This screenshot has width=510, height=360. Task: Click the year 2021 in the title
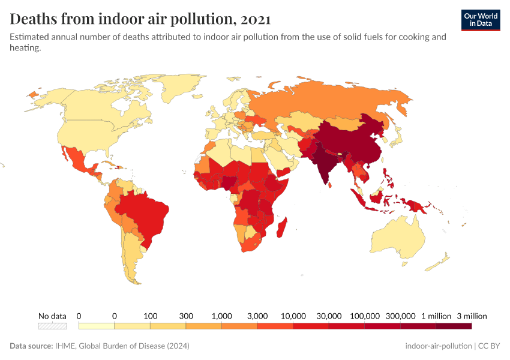click(x=253, y=19)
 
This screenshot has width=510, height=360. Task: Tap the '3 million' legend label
click(x=471, y=316)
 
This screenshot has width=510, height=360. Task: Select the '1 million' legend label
click(x=436, y=316)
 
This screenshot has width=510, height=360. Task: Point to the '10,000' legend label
click(x=293, y=316)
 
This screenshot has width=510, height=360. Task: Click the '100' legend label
click(x=150, y=316)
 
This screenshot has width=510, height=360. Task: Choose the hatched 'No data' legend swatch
click(x=52, y=326)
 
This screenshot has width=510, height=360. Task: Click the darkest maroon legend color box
click(x=454, y=326)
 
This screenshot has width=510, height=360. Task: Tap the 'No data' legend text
click(x=52, y=316)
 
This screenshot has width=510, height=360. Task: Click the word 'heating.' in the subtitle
click(x=25, y=49)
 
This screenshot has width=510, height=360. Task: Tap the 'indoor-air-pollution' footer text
click(x=438, y=346)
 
